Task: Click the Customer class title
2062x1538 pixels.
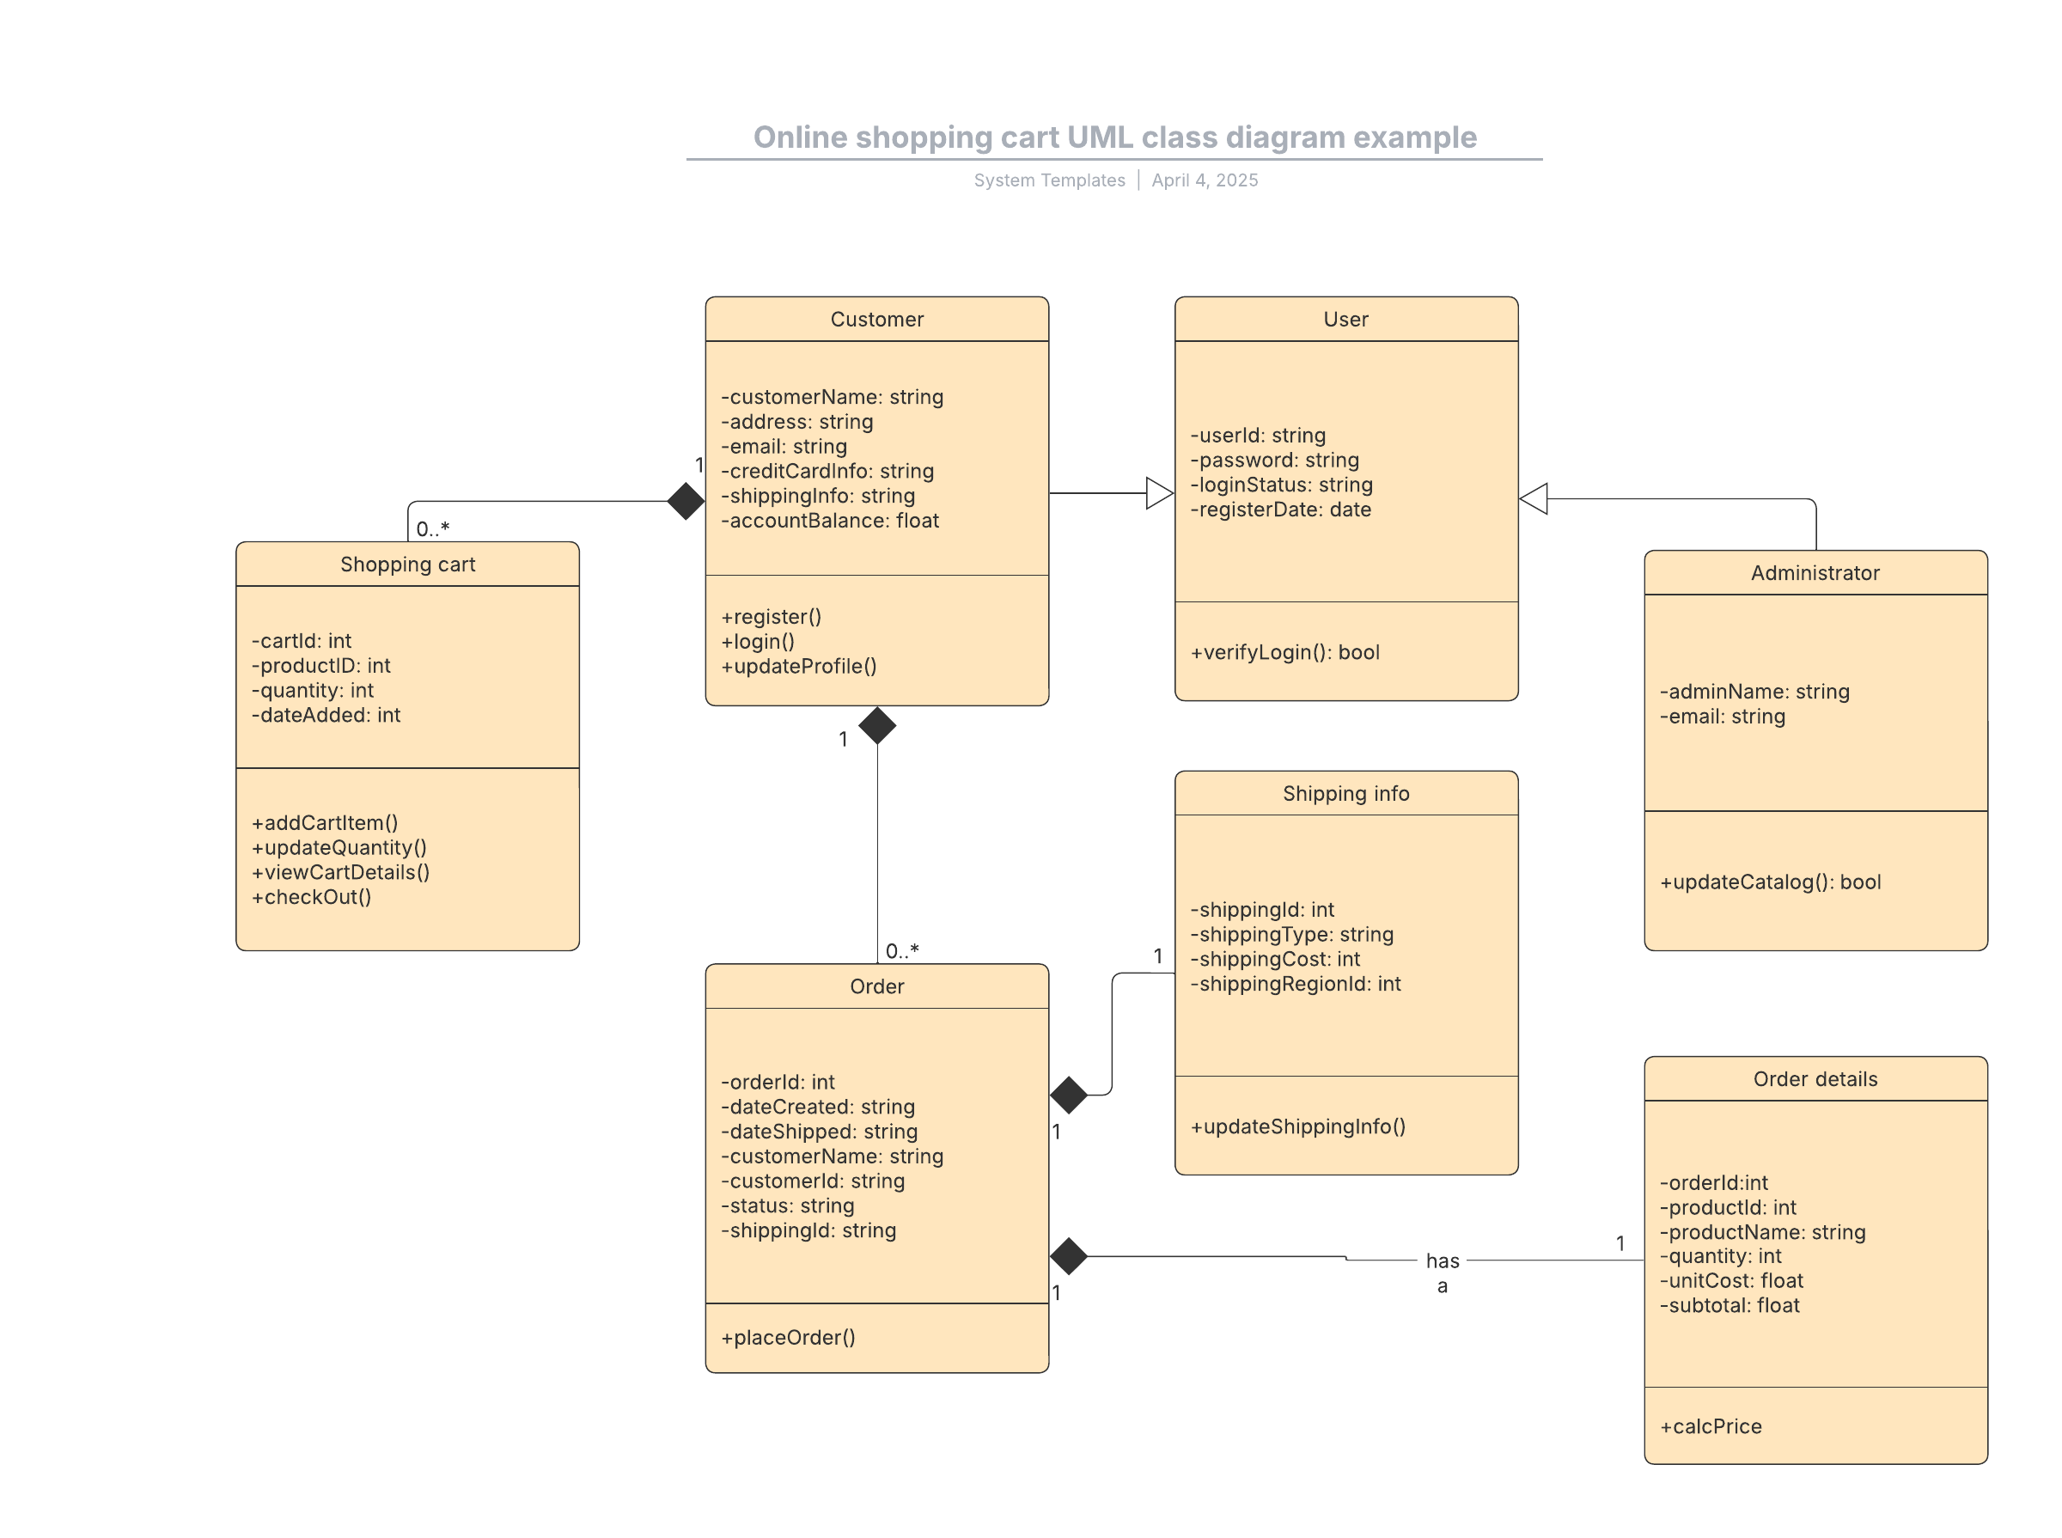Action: (876, 320)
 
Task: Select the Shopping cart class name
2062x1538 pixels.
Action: (408, 565)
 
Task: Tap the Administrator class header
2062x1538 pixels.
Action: (1815, 572)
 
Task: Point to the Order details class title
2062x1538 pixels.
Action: (1815, 1078)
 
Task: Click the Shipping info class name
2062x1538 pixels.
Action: (1345, 793)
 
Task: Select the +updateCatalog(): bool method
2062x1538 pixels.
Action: (1770, 882)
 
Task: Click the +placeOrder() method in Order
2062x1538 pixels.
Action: (788, 1337)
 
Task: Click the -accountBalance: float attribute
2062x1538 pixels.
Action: (829, 521)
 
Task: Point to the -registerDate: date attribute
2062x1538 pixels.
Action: (1280, 510)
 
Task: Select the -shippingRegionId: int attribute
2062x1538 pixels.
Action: (1295, 983)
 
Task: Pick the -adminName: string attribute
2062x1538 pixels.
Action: (1754, 691)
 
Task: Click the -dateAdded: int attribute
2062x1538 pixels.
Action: (326, 714)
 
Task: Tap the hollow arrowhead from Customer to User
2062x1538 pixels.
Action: (1159, 493)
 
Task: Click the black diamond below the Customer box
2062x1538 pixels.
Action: (877, 725)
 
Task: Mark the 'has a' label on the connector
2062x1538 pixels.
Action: (1441, 1273)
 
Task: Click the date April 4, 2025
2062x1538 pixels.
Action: (1204, 180)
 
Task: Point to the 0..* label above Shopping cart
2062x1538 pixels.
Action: (432, 528)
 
